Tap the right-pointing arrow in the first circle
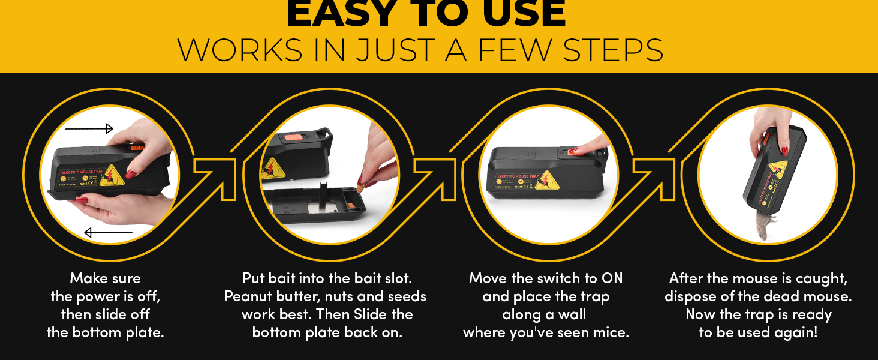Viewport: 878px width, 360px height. (x=89, y=128)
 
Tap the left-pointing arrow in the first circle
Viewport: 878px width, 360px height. (x=108, y=232)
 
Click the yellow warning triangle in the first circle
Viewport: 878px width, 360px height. (x=112, y=173)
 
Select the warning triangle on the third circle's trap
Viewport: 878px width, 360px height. (x=548, y=180)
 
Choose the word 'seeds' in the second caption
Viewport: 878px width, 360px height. (x=408, y=296)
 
